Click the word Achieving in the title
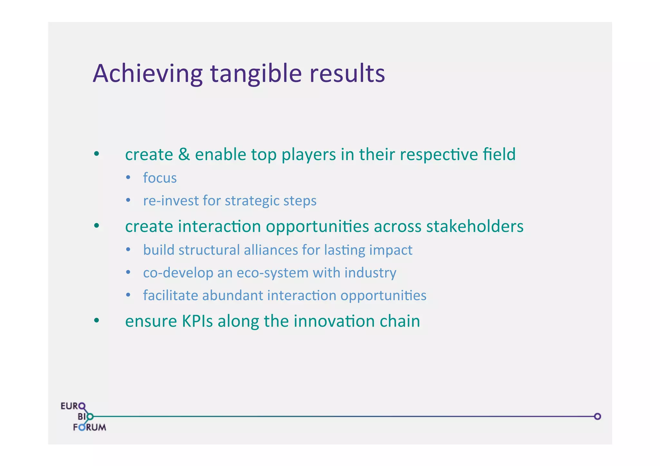pyautogui.click(x=148, y=74)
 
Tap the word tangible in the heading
pyautogui.click(x=256, y=74)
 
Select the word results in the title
pyautogui.click(x=347, y=74)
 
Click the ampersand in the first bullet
pyautogui.click(x=184, y=154)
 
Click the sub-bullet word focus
pyautogui.click(x=160, y=178)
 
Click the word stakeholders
pyautogui.click(x=475, y=226)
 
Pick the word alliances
pyautogui.click(x=271, y=250)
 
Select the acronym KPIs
pyautogui.click(x=197, y=321)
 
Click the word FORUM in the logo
pyautogui.click(x=90, y=427)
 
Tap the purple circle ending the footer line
pyautogui.click(x=597, y=416)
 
